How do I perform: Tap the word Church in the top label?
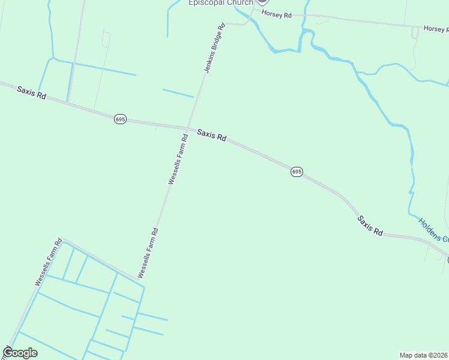(240, 3)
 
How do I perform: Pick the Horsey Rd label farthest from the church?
(436, 29)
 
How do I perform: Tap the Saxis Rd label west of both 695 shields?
(31, 92)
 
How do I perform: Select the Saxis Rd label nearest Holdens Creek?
(370, 226)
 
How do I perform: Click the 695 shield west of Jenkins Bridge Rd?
(120, 119)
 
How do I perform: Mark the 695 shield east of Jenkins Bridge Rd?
(297, 172)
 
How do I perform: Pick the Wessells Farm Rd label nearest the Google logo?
(49, 263)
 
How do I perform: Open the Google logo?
(20, 353)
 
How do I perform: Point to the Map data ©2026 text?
(424, 355)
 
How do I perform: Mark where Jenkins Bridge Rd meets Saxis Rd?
(189, 128)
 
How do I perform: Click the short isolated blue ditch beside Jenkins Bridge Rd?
(178, 93)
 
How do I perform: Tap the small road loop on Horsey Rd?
(415, 32)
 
